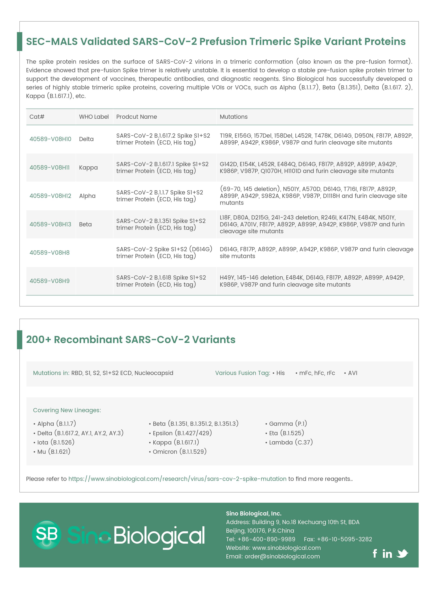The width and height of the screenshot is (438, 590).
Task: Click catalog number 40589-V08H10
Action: [50, 139]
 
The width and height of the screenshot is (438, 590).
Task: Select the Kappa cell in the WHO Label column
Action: [88, 167]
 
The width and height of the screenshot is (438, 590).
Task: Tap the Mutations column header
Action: [234, 117]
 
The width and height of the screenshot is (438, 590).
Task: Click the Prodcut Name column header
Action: [137, 117]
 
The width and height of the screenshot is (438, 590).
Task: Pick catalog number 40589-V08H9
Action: [50, 281]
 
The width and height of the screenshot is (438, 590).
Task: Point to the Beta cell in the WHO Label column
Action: [85, 224]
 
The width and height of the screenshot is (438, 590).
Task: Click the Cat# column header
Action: [37, 117]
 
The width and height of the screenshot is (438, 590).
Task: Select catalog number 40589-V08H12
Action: [50, 196]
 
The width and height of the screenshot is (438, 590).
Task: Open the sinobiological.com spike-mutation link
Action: [177, 479]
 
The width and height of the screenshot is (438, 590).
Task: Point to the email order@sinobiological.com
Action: [282, 556]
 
